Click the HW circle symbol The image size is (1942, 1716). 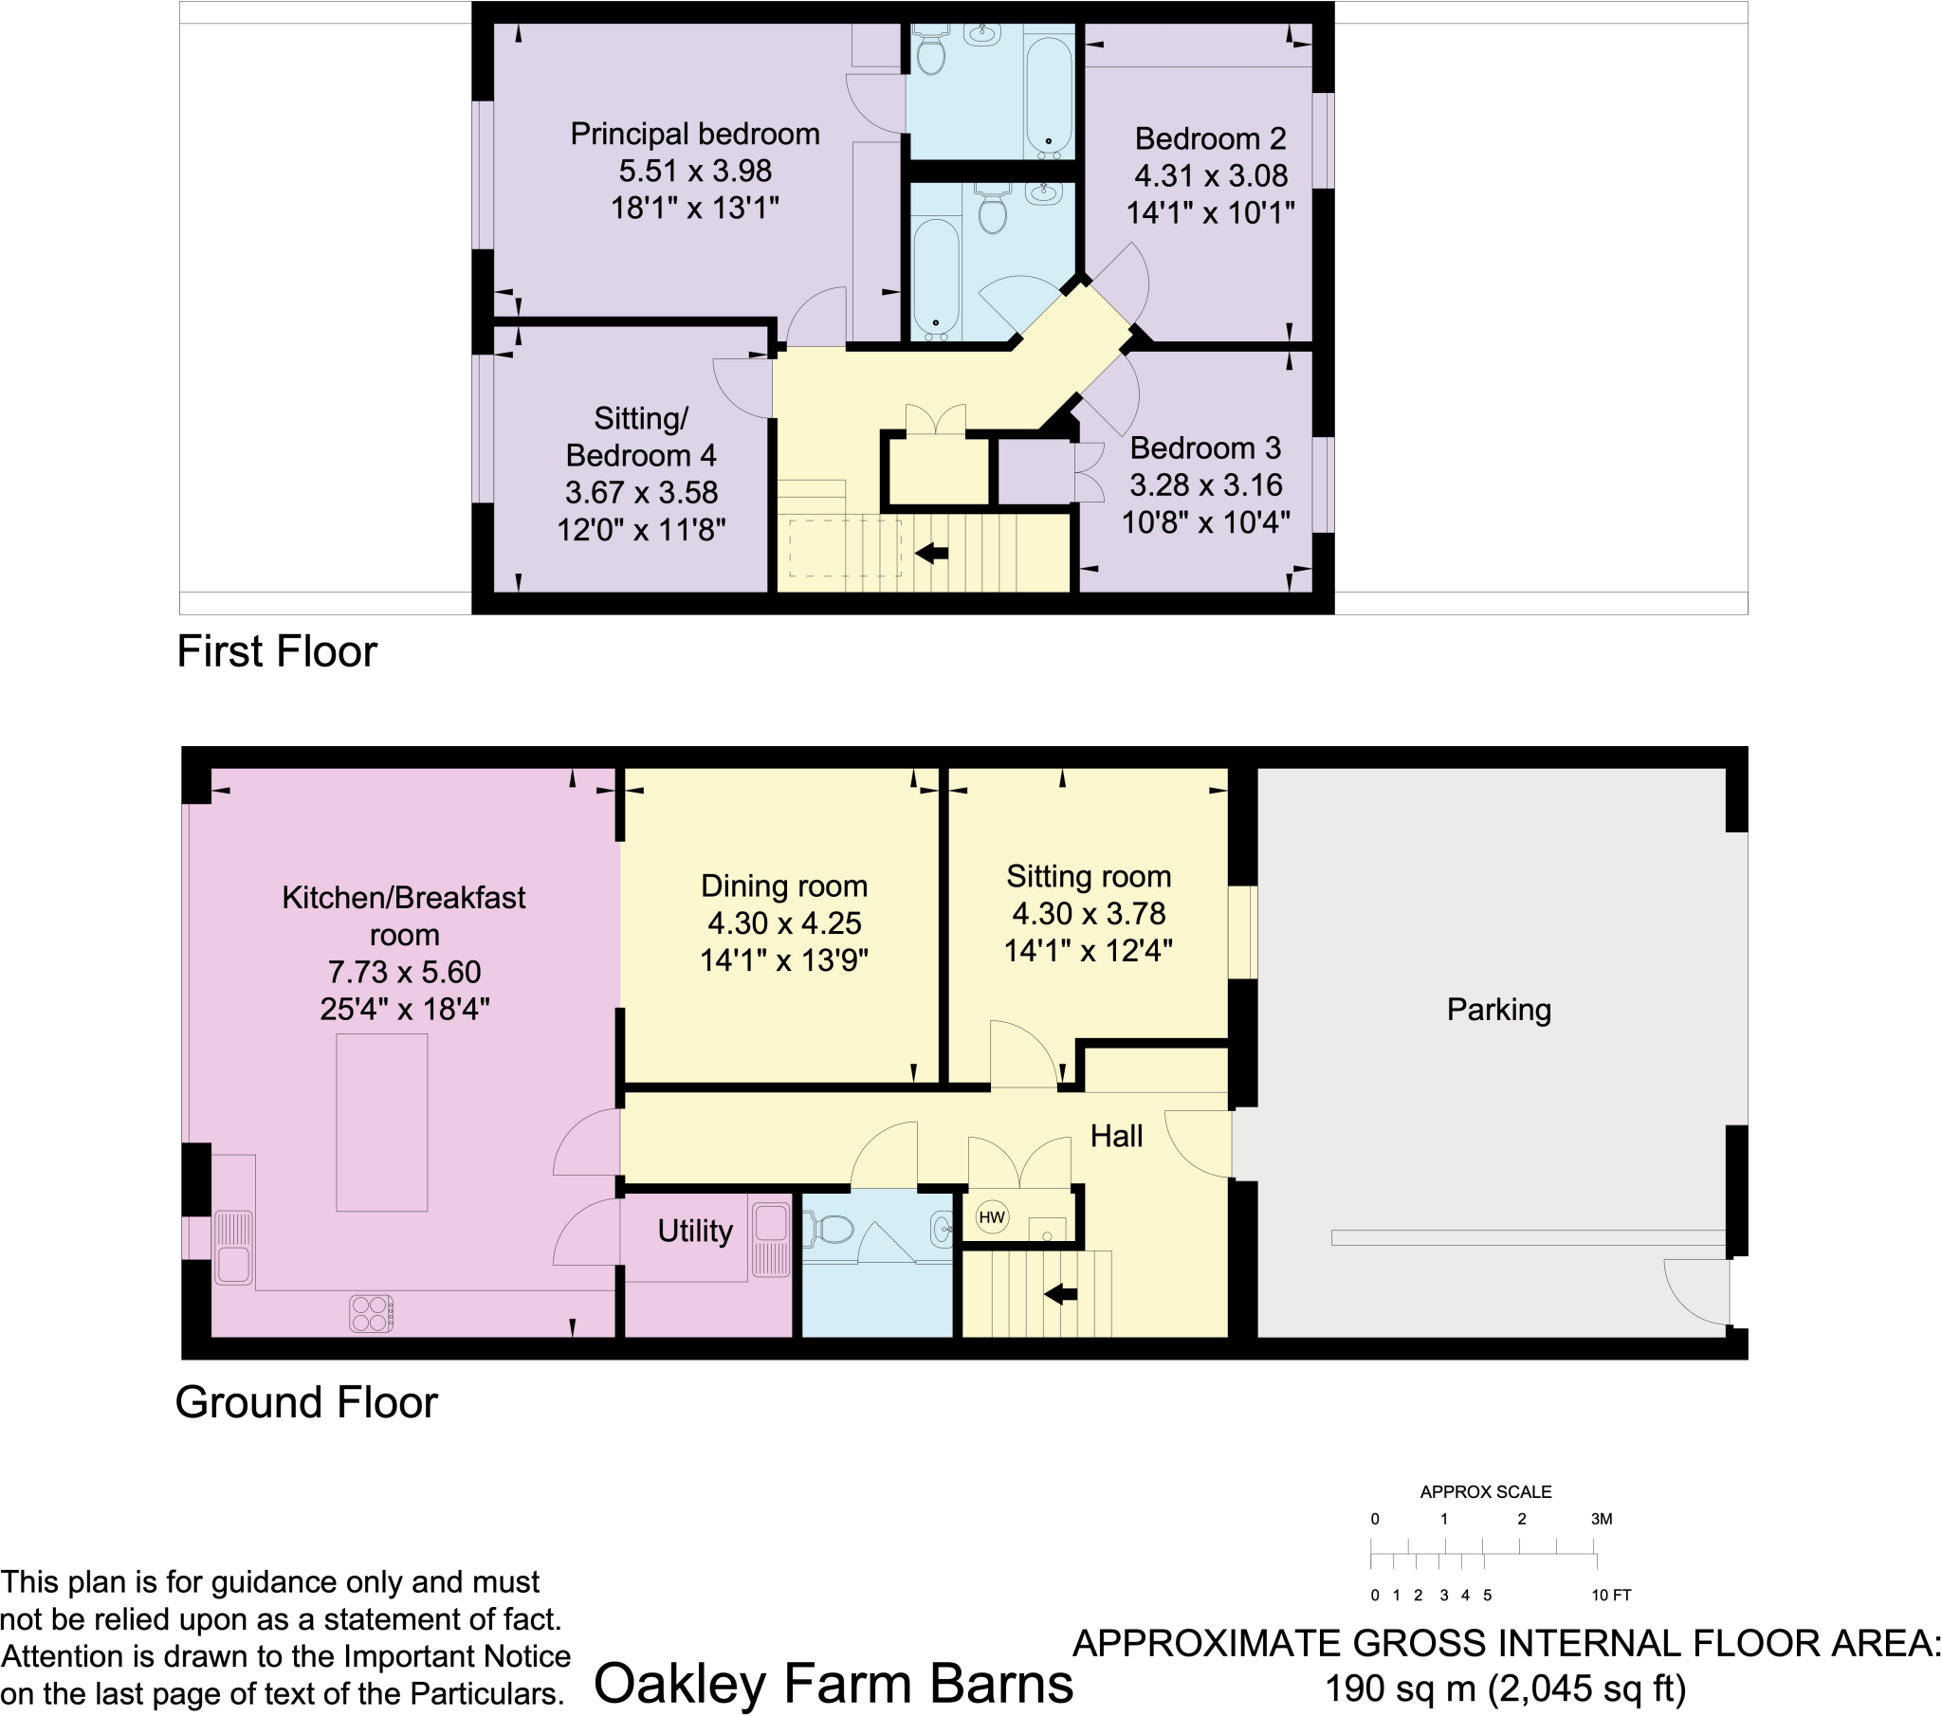click(x=991, y=1217)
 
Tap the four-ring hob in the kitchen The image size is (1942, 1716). click(x=372, y=1314)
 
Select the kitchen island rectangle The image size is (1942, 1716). click(x=381, y=1123)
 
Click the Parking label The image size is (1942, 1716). click(x=1498, y=1010)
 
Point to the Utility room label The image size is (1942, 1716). click(x=694, y=1232)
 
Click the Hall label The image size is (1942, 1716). click(x=1115, y=1136)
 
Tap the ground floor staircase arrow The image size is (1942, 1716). click(x=1060, y=1293)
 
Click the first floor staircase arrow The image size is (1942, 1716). click(x=931, y=552)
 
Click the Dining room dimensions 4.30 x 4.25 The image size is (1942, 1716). click(x=784, y=922)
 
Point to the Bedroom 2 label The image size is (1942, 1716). click(x=1209, y=138)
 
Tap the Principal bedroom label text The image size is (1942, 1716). click(x=694, y=134)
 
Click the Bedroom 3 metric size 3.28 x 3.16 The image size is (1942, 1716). click(x=1204, y=484)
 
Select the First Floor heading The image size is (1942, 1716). click(x=277, y=652)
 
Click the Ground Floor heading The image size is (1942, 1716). click(x=306, y=1402)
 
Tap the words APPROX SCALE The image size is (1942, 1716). click(x=1485, y=1491)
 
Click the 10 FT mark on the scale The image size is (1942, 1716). click(x=1610, y=1596)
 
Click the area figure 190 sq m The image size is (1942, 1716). click(x=1401, y=1689)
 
